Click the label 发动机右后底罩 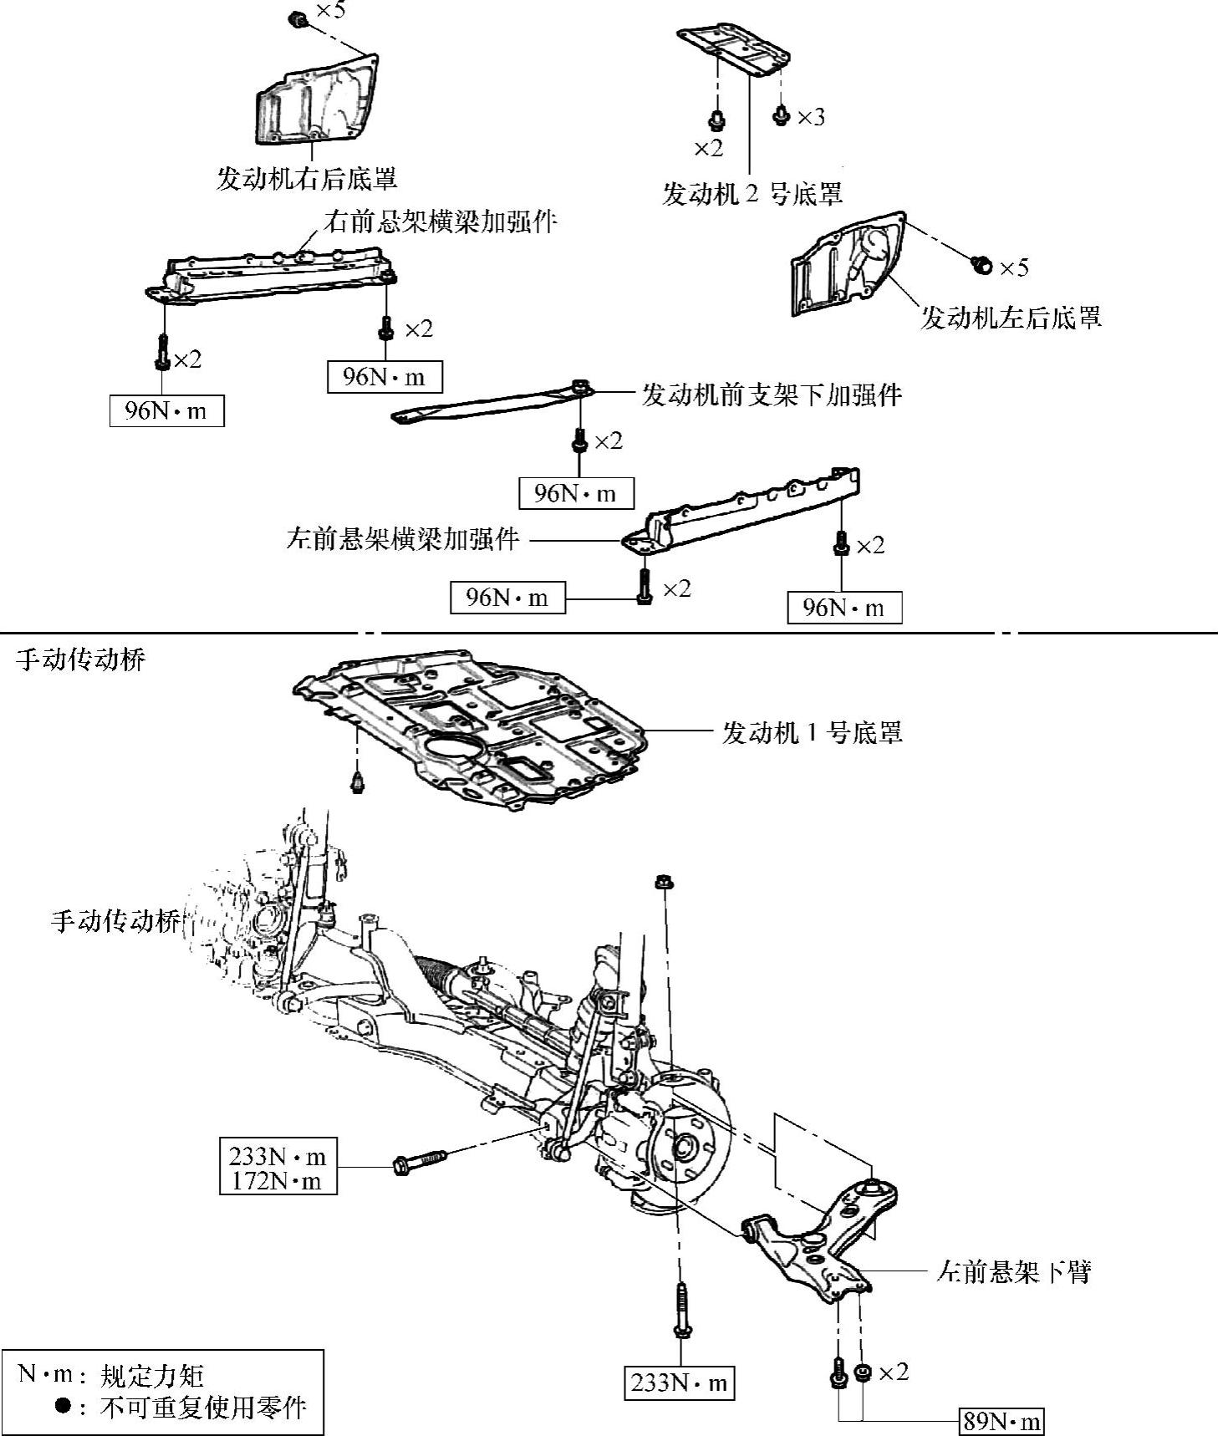[306, 178]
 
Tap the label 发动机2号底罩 [752, 194]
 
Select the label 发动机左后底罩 [1010, 317]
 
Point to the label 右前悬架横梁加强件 [441, 222]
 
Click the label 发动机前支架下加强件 [772, 394]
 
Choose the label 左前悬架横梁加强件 [403, 538]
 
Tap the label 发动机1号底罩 [812, 733]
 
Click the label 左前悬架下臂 [1014, 1272]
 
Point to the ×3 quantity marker [810, 117]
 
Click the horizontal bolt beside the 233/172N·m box [420, 1161]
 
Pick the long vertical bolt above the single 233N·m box [680, 1312]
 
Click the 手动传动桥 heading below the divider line [81, 660]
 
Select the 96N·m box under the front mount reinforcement [575, 493]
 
